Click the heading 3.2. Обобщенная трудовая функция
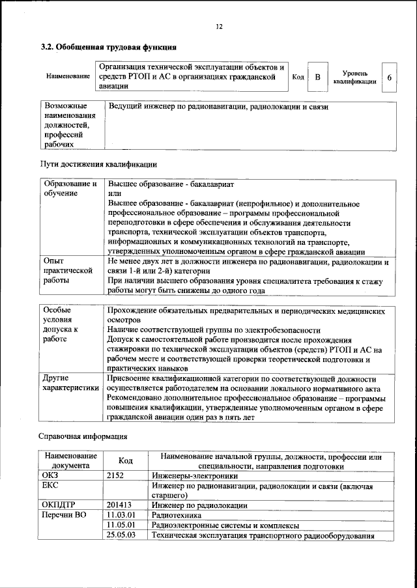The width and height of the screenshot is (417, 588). pyautogui.click(x=108, y=47)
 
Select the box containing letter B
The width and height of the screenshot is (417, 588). pyautogui.click(x=317, y=77)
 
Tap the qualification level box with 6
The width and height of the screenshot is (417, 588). pyautogui.click(x=389, y=77)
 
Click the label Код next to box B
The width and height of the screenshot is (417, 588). pyautogui.click(x=298, y=77)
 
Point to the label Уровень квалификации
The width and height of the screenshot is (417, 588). pyautogui.click(x=355, y=77)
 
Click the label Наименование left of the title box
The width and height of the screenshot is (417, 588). pyautogui.click(x=68, y=77)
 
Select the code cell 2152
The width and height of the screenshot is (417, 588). pyautogui.click(x=116, y=475)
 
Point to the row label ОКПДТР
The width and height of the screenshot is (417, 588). pyautogui.click(x=59, y=505)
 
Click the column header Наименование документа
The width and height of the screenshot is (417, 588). pyautogui.click(x=71, y=460)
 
